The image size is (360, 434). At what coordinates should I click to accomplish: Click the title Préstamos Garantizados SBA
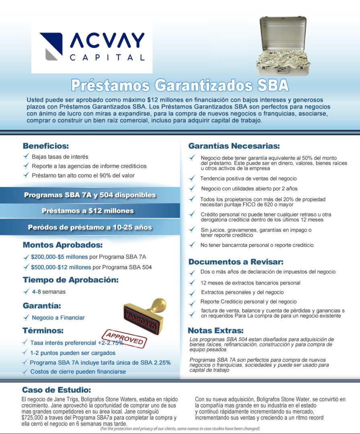(180, 85)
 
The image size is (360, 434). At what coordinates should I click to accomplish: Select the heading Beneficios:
(46, 146)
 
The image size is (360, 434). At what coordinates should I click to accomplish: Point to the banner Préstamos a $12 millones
(88, 211)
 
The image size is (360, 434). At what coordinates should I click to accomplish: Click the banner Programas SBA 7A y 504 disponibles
(90, 195)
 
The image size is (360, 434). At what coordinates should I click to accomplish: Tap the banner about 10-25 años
(90, 227)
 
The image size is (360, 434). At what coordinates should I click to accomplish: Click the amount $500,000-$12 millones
(62, 267)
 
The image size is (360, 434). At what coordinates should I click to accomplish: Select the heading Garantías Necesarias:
(234, 146)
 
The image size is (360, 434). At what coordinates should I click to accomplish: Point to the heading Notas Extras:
(216, 331)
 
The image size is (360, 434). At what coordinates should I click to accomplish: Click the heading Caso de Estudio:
(56, 390)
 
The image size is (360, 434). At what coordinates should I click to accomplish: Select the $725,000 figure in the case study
(34, 418)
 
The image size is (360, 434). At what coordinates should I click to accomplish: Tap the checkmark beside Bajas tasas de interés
(26, 156)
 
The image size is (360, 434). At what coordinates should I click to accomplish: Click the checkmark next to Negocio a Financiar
(26, 317)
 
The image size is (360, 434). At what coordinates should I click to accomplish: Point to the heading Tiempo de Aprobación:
(70, 280)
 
